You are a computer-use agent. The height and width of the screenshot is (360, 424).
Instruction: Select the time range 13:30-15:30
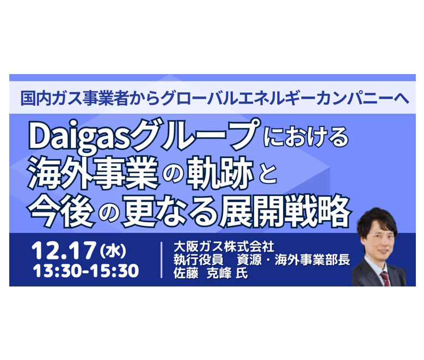click(x=85, y=270)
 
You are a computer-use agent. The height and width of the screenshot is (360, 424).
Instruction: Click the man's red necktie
click(x=385, y=278)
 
